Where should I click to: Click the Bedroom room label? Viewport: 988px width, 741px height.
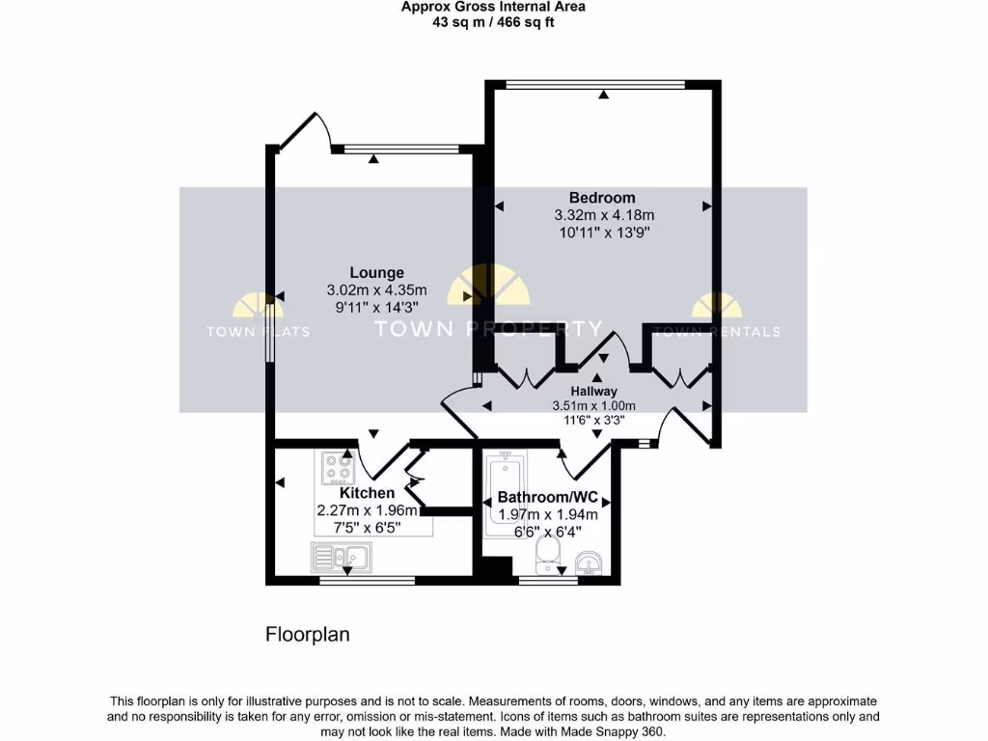[x=602, y=198]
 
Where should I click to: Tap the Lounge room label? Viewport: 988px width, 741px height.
[x=376, y=273]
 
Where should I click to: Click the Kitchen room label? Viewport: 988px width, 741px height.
[x=367, y=493]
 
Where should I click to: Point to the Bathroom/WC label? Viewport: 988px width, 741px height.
[x=547, y=499]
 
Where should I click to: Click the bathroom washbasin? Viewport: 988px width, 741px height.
[x=589, y=563]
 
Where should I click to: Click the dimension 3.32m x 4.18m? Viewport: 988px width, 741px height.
[x=604, y=215]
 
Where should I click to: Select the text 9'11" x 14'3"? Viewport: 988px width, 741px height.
[x=376, y=308]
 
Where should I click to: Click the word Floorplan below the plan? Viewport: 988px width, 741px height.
[x=307, y=635]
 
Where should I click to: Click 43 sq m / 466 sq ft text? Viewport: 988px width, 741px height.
[x=493, y=21]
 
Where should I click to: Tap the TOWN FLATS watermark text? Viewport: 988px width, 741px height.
[x=258, y=332]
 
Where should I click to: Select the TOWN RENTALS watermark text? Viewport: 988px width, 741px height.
[x=717, y=332]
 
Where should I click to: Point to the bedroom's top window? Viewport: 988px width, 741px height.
[x=596, y=84]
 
